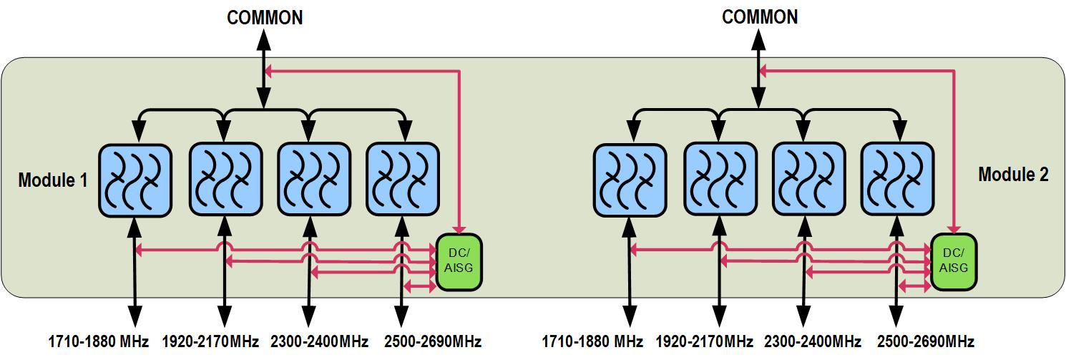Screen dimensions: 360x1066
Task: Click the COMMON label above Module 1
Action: [x=265, y=18]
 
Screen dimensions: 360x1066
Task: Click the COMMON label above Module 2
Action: [x=760, y=18]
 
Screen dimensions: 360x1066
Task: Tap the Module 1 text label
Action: [x=53, y=181]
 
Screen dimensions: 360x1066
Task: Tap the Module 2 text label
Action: [x=1013, y=175]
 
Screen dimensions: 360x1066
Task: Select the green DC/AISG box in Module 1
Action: [x=459, y=262]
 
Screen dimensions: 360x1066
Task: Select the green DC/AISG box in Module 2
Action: [x=954, y=262]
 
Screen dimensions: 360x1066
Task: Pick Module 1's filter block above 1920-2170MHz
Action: [x=225, y=180]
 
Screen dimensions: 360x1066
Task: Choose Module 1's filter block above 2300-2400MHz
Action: [x=313, y=180]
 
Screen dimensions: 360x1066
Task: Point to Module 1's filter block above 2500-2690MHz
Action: [x=403, y=180]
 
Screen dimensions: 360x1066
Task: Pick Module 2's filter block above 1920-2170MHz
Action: [x=719, y=180]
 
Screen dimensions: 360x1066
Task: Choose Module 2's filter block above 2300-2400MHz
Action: [x=808, y=180]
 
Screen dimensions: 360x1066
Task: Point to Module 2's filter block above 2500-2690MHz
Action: [x=897, y=180]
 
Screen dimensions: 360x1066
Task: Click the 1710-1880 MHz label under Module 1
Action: [x=99, y=341]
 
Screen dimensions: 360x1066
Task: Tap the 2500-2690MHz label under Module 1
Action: [x=433, y=341]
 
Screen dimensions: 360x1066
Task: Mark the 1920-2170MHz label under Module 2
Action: [x=703, y=341]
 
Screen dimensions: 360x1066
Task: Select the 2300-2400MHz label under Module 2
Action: [x=813, y=341]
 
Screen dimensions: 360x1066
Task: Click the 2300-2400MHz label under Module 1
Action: [x=319, y=341]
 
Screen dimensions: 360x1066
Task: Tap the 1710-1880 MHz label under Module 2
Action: [x=592, y=341]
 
